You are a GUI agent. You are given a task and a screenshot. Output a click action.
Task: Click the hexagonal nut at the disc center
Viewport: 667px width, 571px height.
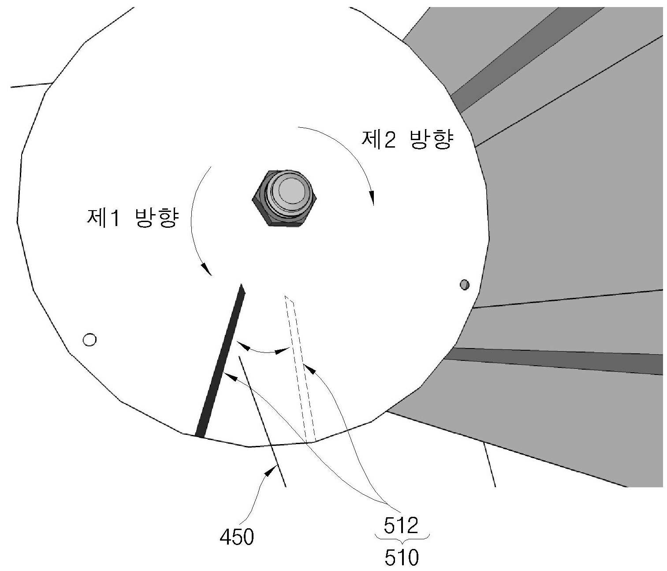[284, 197]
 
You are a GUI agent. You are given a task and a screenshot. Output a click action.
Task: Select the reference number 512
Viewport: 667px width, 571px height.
[401, 516]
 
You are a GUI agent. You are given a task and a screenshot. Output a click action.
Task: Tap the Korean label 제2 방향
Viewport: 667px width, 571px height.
[407, 139]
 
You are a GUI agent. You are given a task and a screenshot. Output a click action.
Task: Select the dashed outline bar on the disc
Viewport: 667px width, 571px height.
[300, 369]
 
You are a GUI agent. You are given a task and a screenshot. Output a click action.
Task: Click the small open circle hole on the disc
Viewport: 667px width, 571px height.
[89, 339]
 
